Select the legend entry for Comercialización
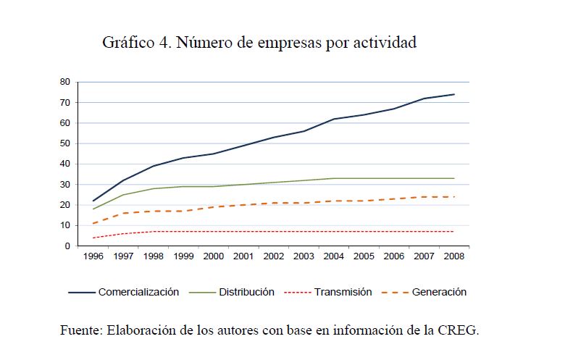[x=138, y=293]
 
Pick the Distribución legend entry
[x=247, y=293]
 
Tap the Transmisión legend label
[x=343, y=293]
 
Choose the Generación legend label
[x=439, y=293]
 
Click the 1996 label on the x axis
[x=93, y=256]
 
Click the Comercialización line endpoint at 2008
[x=454, y=94]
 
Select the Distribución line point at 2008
[x=454, y=178]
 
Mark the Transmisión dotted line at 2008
[x=454, y=232]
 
